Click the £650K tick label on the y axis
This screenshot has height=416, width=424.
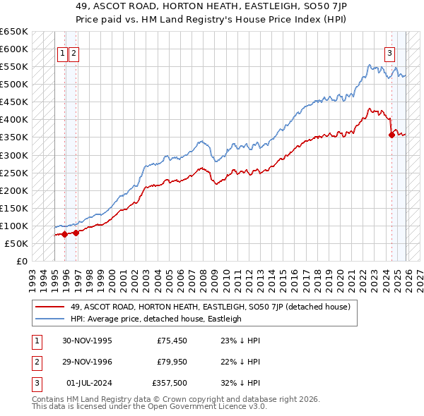tap(14, 32)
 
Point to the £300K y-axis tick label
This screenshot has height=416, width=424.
tap(14, 155)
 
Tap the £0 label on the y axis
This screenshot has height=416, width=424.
tap(23, 261)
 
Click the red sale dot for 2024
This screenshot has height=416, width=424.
tap(391, 135)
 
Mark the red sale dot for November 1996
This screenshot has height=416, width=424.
tap(76, 233)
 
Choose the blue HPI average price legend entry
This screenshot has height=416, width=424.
tap(155, 319)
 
